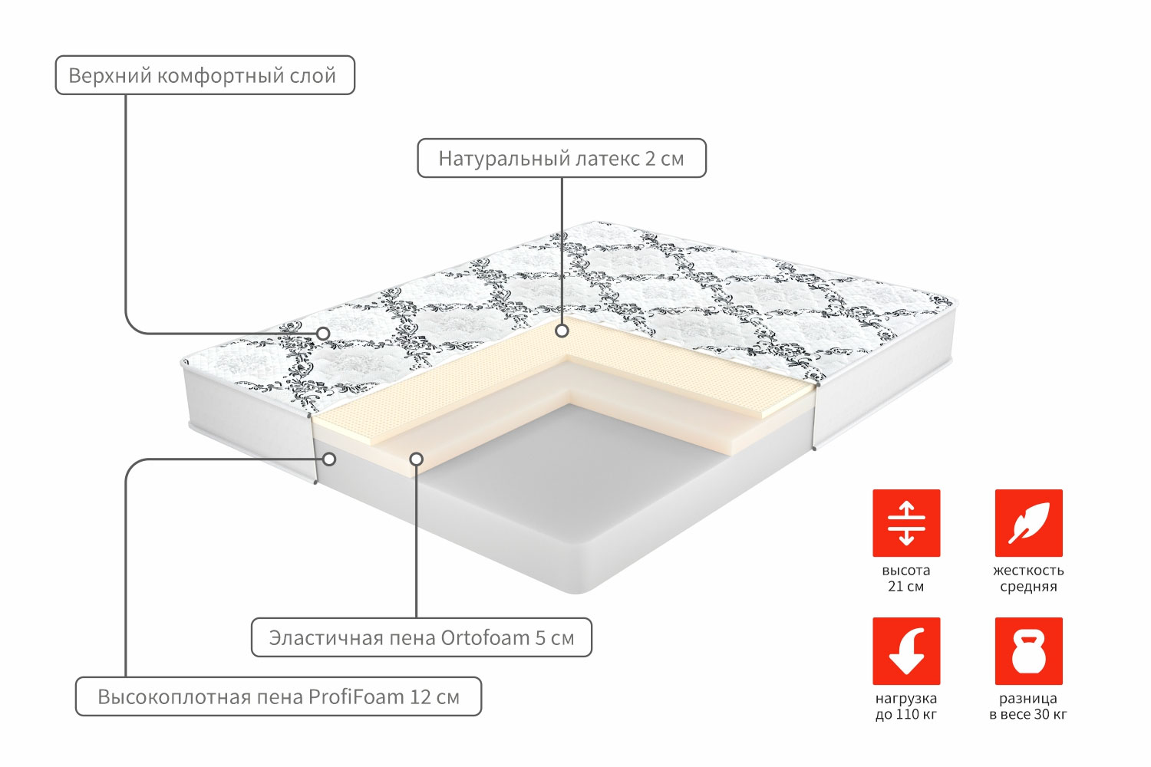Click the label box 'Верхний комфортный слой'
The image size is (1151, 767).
click(205, 75)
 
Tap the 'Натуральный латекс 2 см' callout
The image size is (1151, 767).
click(562, 158)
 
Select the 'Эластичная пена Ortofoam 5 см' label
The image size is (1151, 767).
click(421, 637)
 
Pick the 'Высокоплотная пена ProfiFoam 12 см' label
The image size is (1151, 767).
click(279, 696)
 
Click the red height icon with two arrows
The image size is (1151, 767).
click(906, 523)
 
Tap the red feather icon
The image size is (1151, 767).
click(1029, 523)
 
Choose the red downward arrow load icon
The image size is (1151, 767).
click(906, 651)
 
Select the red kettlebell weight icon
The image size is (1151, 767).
click(1029, 651)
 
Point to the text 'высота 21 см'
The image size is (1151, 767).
click(906, 578)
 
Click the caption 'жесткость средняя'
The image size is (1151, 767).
click(1029, 578)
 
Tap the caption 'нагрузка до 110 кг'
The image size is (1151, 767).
click(906, 706)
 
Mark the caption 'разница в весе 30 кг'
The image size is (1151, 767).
click(1029, 706)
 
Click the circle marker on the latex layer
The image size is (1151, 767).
click(562, 331)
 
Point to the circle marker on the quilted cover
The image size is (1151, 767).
click(323, 334)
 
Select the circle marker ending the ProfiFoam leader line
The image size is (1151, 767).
click(329, 459)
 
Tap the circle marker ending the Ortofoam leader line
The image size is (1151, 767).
click(417, 459)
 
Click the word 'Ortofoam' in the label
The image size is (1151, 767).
click(485, 638)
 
